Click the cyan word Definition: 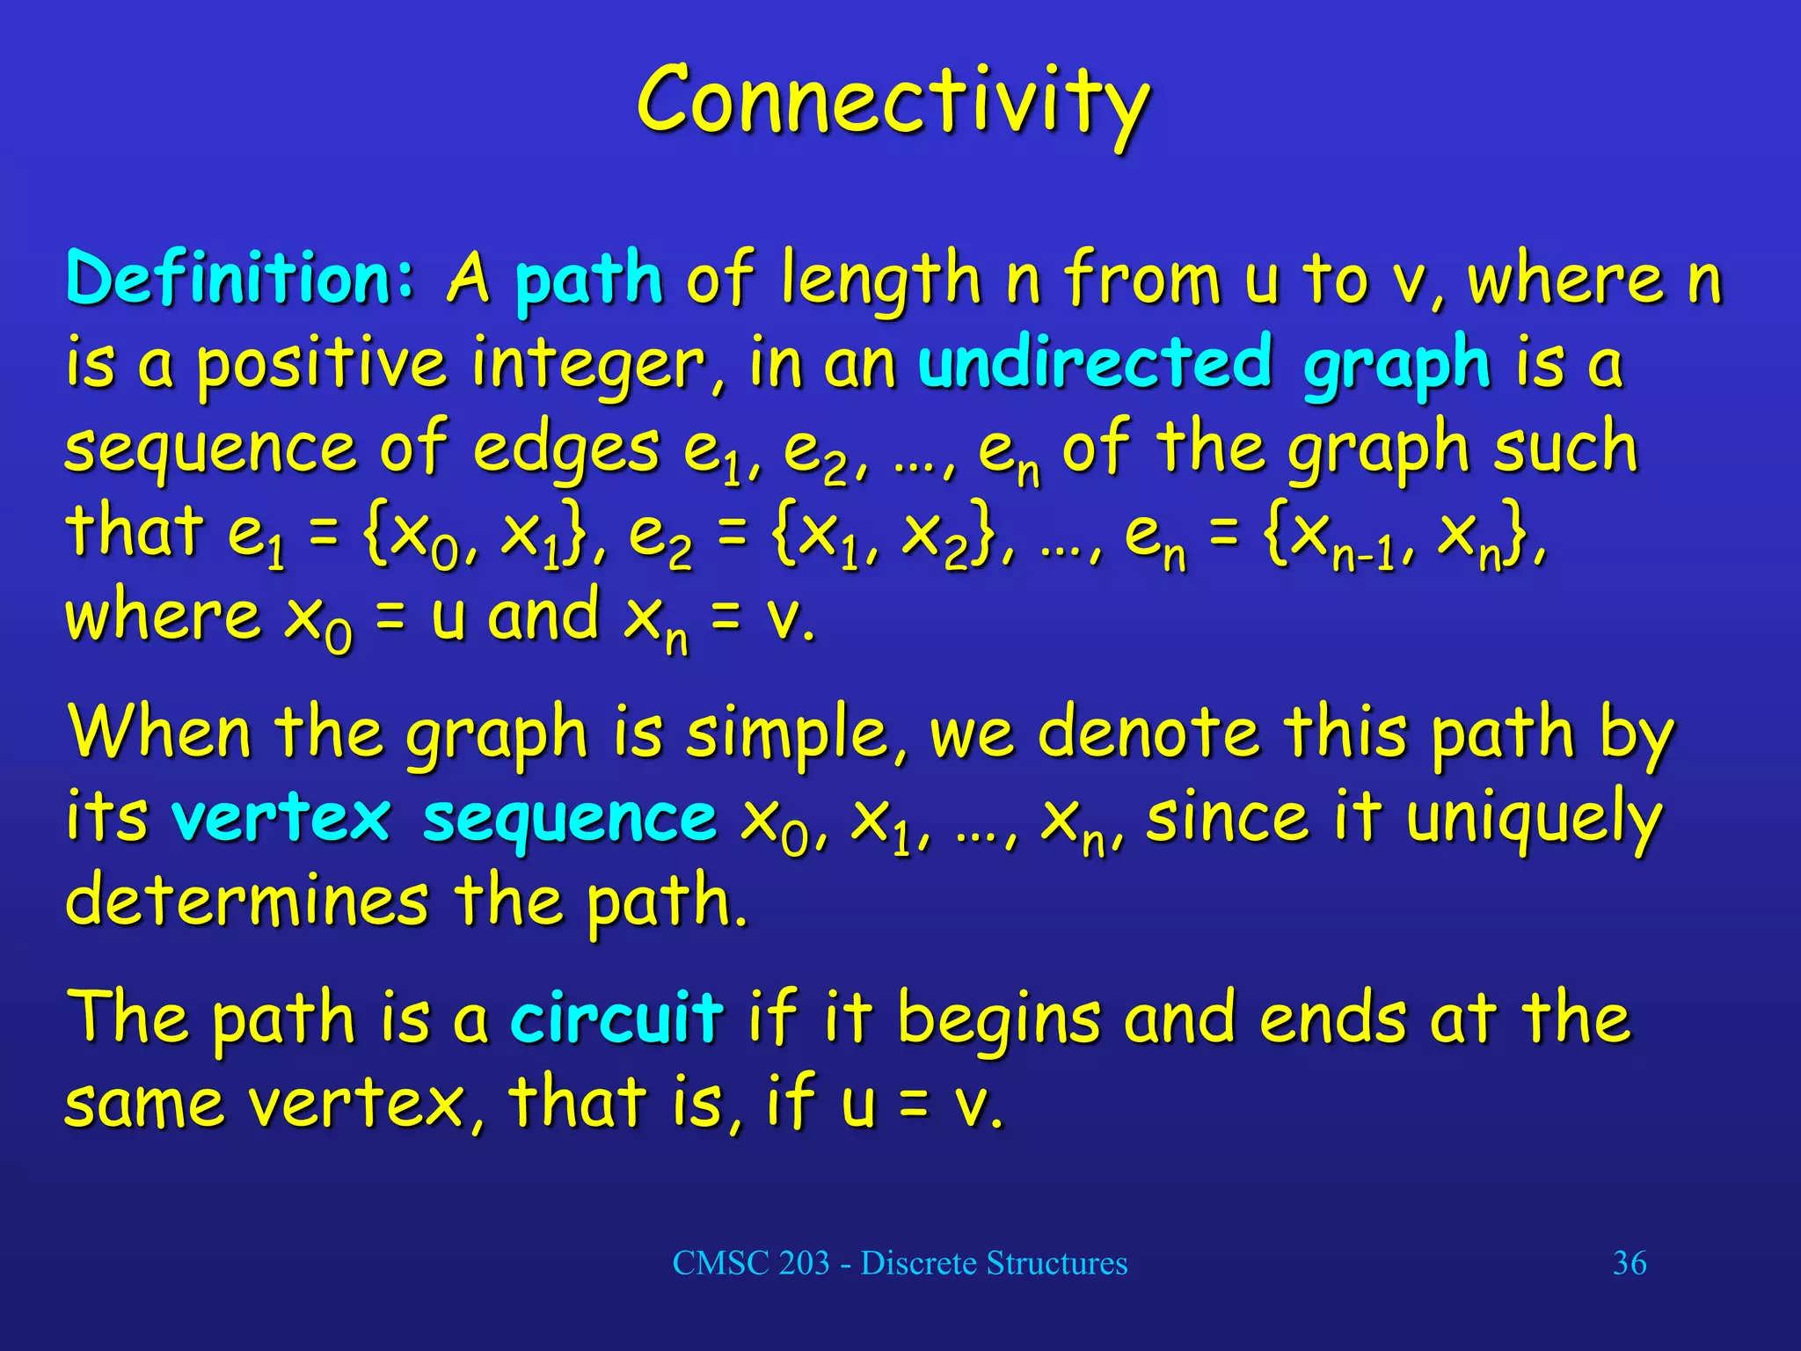[x=239, y=279]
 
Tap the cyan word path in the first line [x=587, y=281]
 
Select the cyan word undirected [x=1094, y=362]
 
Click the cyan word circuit [x=616, y=1018]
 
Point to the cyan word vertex [x=281, y=818]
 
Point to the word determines [x=247, y=902]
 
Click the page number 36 [x=1629, y=1263]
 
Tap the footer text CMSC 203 [x=751, y=1263]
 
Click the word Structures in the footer [x=1056, y=1263]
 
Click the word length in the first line [x=880, y=281]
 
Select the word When [x=159, y=733]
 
